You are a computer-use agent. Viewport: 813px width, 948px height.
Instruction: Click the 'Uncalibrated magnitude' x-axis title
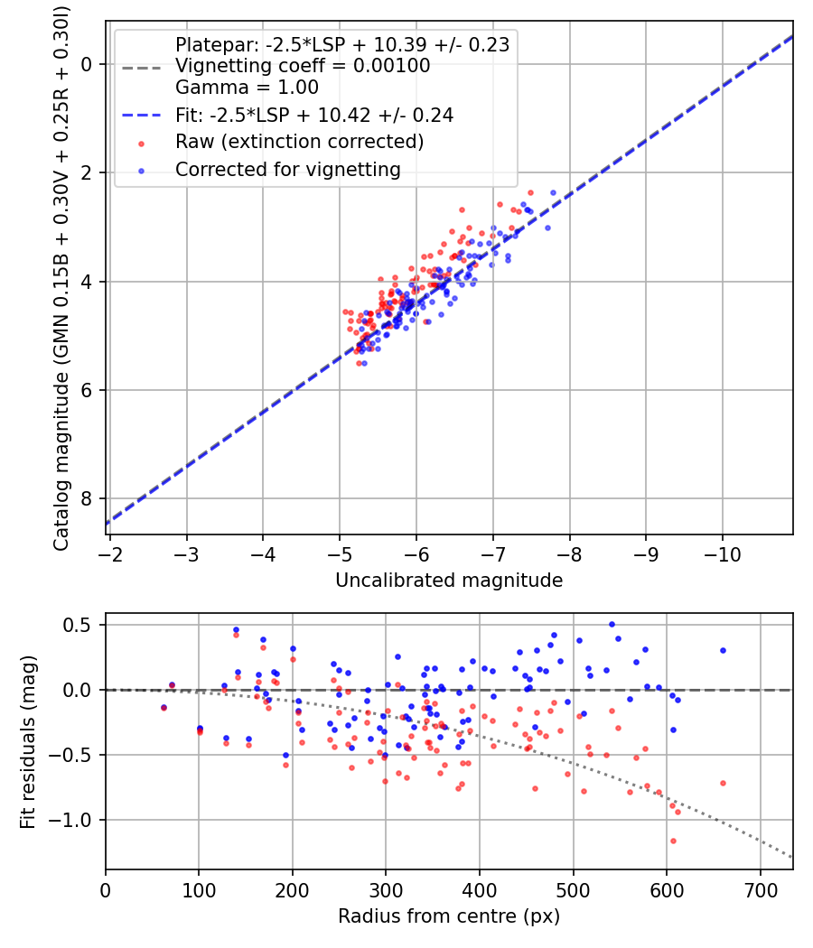pos(449,581)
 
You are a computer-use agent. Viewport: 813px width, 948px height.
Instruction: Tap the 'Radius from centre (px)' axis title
pos(449,916)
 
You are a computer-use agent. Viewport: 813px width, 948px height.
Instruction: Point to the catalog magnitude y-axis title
pos(61,279)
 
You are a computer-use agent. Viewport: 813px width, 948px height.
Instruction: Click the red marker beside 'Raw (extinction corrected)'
pos(142,144)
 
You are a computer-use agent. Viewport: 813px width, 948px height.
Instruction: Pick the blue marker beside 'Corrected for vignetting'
pos(142,172)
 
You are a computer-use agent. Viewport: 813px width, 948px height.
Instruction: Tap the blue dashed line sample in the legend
pos(142,115)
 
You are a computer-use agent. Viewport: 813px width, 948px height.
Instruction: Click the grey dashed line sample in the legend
pos(142,68)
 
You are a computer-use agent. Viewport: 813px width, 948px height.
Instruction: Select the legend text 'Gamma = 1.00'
pos(247,88)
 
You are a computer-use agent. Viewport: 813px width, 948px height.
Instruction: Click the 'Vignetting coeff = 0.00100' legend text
pos(303,66)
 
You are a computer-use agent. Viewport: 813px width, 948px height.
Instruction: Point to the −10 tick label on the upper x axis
pos(723,554)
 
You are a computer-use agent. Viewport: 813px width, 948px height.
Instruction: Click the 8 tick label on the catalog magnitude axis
pos(87,498)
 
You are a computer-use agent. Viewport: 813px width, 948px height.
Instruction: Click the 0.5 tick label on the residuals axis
pos(78,625)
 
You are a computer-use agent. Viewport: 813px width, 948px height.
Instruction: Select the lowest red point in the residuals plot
pos(673,841)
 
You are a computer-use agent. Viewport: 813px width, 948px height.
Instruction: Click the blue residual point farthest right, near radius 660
pos(723,651)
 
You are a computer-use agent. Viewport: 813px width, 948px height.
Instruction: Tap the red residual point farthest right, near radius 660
pos(723,783)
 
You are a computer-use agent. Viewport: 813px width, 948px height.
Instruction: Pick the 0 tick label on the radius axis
pos(106,890)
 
